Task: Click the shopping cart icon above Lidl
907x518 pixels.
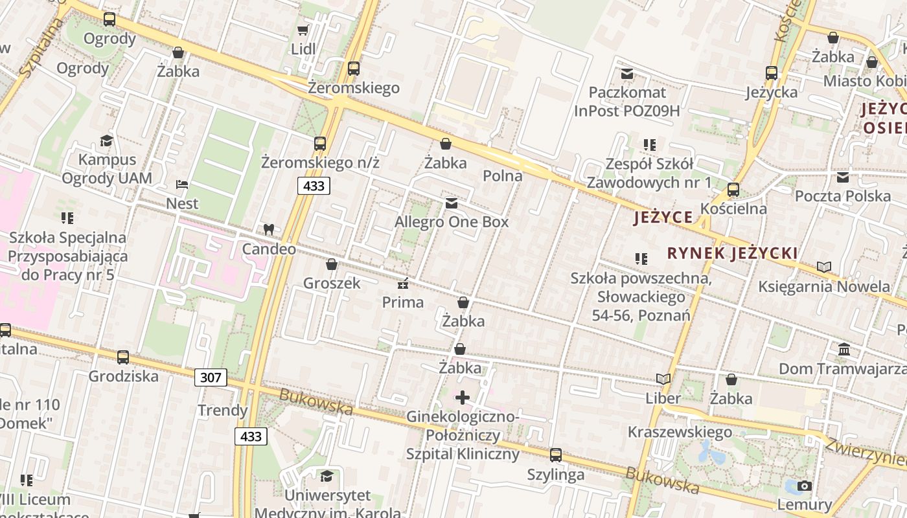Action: [303, 30]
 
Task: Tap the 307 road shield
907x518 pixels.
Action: [211, 377]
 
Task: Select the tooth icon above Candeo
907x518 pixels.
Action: [269, 229]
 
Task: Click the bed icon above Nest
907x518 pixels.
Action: [182, 185]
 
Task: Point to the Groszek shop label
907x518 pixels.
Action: [331, 283]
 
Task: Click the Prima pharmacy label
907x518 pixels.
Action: [403, 302]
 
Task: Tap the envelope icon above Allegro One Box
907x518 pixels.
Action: [452, 203]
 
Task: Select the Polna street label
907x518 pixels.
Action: [503, 175]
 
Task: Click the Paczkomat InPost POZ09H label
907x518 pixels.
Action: [626, 102]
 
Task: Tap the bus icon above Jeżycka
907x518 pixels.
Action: [772, 73]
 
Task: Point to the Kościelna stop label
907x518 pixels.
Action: [733, 208]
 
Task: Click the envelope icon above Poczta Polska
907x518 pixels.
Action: [843, 177]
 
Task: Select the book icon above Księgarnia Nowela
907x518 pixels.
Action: [824, 267]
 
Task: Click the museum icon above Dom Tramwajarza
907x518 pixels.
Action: [844, 350]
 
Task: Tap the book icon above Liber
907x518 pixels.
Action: [663, 379]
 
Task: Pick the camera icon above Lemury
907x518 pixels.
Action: [804, 486]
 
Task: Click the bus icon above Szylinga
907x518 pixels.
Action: [556, 455]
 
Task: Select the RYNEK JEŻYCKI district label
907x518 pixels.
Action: [732, 253]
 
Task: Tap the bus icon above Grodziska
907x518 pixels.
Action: [123, 357]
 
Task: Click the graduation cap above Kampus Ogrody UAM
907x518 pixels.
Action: [106, 141]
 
